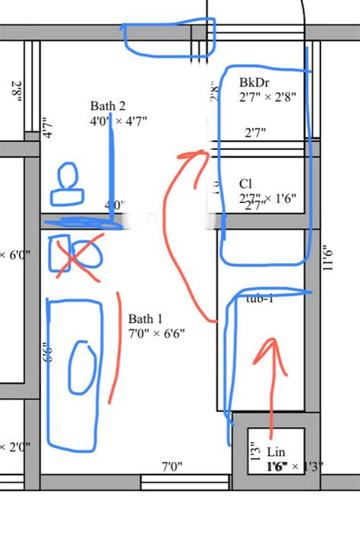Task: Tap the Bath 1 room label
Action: (x=145, y=319)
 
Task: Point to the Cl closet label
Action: (x=245, y=184)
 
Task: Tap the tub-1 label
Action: (x=259, y=299)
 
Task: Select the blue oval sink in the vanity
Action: (x=81, y=368)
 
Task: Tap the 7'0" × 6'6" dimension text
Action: (x=156, y=334)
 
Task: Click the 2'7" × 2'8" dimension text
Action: (x=267, y=97)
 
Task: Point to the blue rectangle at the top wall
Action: (x=169, y=37)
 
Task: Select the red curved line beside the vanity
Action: (x=115, y=346)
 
